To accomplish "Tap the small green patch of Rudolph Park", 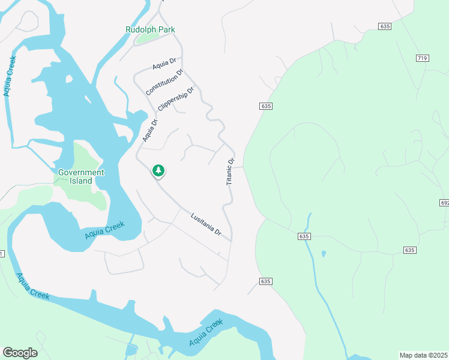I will pyautogui.click(x=147, y=38).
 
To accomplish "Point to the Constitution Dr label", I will pyautogui.click(x=164, y=83).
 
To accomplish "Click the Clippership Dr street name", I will pyautogui.click(x=176, y=99).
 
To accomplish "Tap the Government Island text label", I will pyautogui.click(x=81, y=176).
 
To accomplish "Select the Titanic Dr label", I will pyautogui.click(x=230, y=172).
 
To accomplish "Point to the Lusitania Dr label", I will pyautogui.click(x=206, y=224).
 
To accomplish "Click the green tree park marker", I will pyautogui.click(x=158, y=171).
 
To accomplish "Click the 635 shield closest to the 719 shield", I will pyautogui.click(x=385, y=26).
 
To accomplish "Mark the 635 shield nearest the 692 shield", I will pyautogui.click(x=409, y=250).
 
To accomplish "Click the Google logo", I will pyautogui.click(x=20, y=353).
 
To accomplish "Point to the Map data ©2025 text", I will pyautogui.click(x=423, y=355).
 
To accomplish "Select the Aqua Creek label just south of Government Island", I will pyautogui.click(x=104, y=230).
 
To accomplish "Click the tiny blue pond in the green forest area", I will pyautogui.click(x=324, y=254).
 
